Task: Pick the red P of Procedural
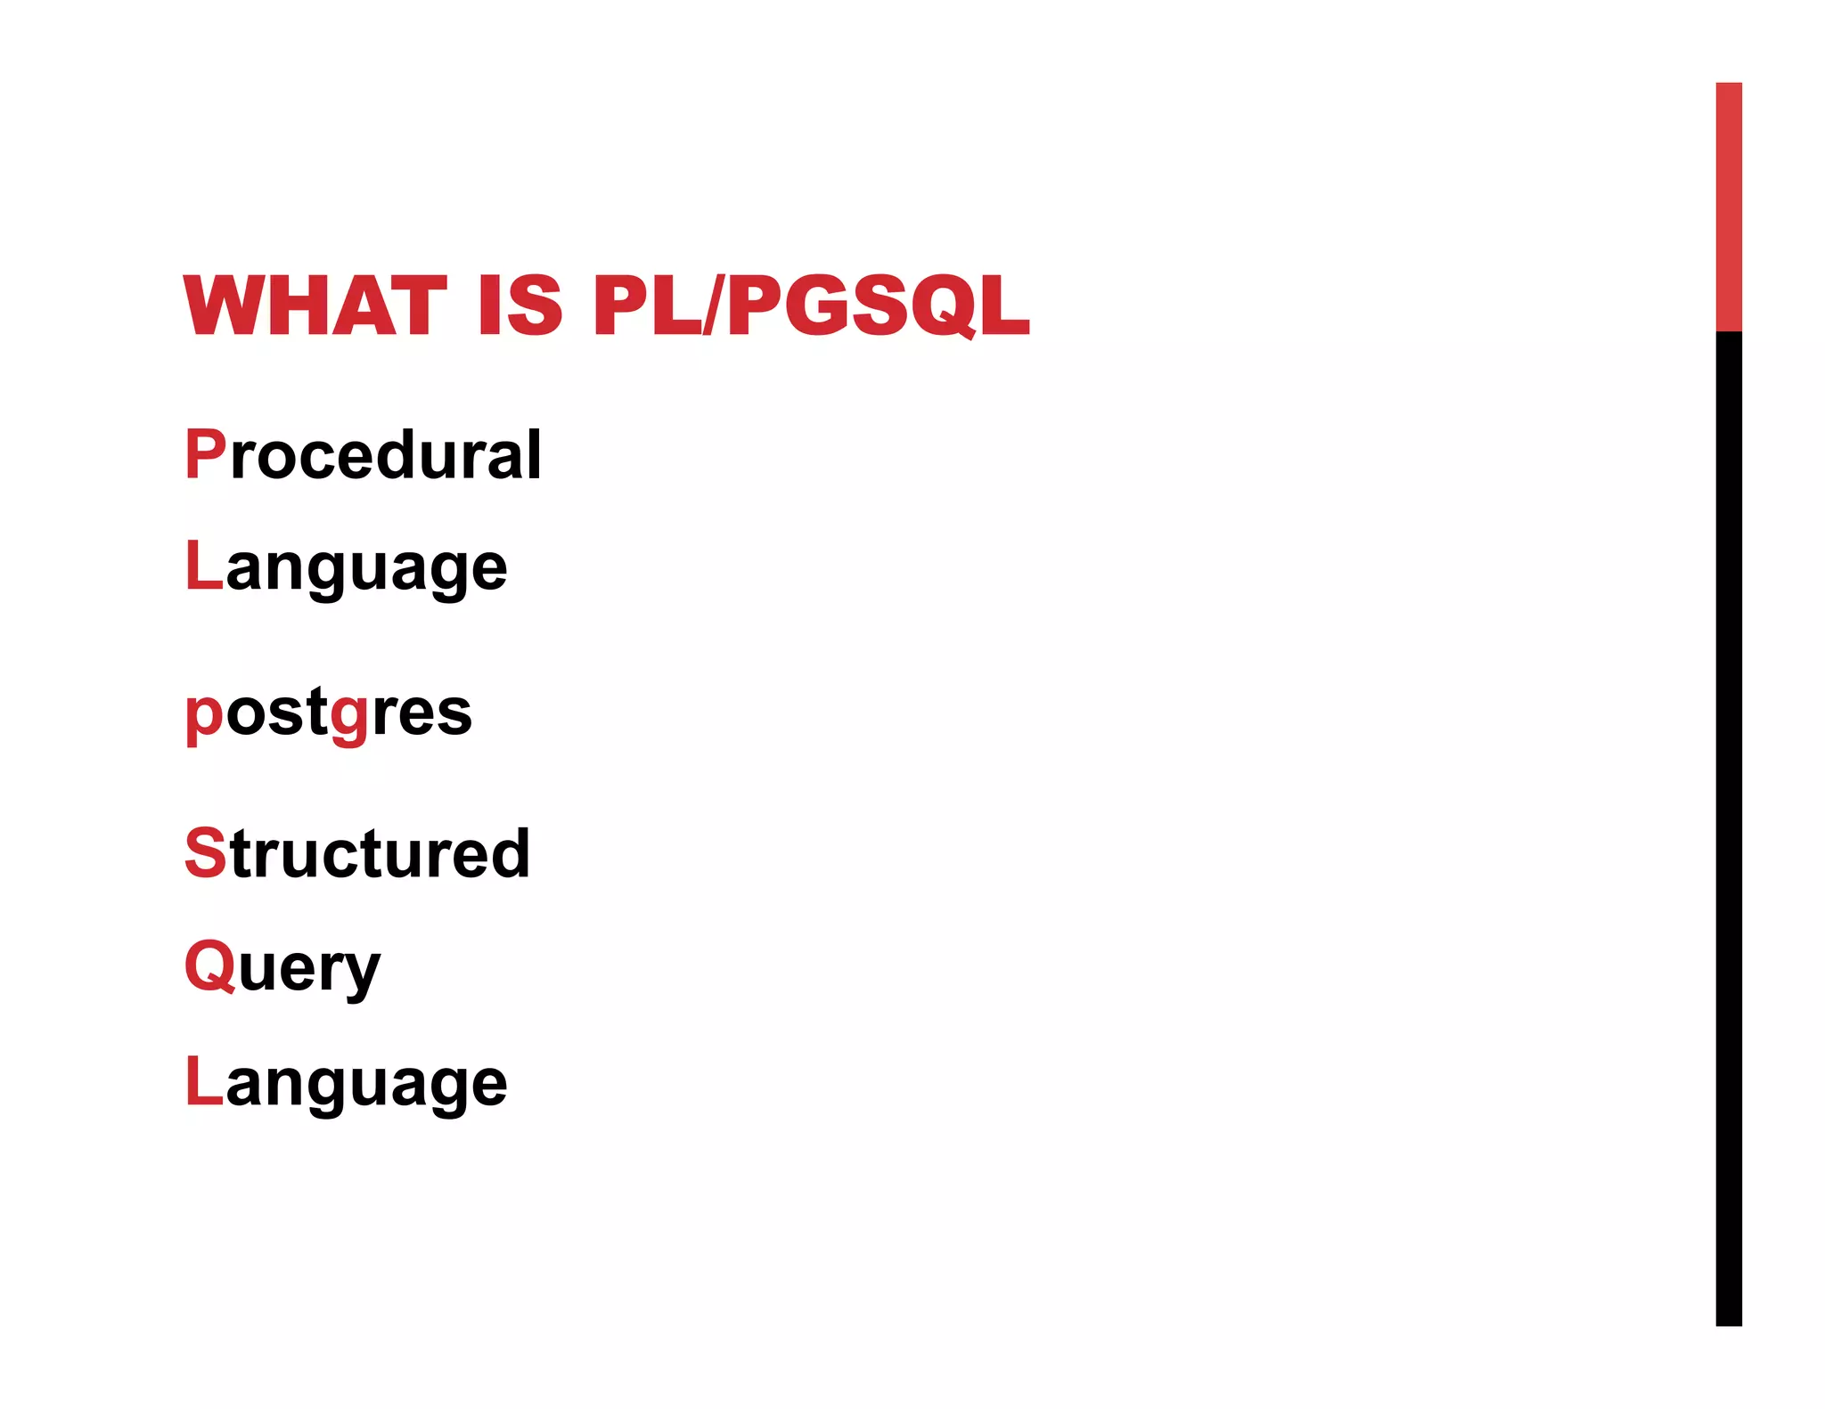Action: point(205,454)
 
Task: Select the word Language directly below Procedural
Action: point(346,567)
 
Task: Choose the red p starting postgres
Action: point(204,717)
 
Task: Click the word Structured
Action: point(357,853)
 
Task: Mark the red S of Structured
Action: point(205,853)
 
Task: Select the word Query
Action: point(282,968)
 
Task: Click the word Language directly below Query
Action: point(346,1083)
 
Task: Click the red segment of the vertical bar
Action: point(1728,207)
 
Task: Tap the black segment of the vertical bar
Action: point(1728,828)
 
